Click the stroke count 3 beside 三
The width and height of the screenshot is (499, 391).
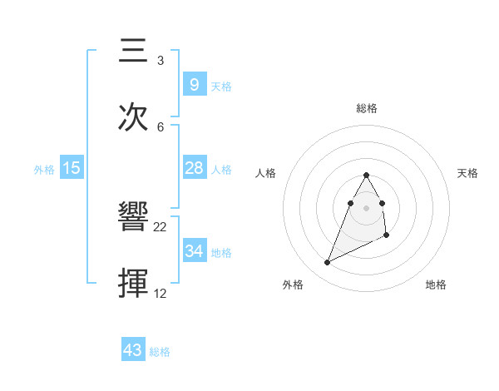(x=160, y=61)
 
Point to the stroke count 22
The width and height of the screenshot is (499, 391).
(x=161, y=227)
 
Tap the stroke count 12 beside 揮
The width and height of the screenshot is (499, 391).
(x=161, y=293)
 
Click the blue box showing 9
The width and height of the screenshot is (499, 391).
(x=194, y=84)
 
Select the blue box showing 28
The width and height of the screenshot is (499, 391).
(x=194, y=168)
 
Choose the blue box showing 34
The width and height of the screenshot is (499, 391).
(x=194, y=250)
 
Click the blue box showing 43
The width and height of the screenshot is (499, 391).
(x=133, y=350)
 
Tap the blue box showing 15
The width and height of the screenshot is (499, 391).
(x=72, y=168)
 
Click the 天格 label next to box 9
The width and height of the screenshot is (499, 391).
(x=221, y=87)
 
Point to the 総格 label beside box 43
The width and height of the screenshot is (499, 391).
(x=160, y=352)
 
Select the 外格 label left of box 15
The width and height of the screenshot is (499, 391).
(x=44, y=170)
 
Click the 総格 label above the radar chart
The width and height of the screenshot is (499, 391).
(x=366, y=108)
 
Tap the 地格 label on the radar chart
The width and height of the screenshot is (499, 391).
(x=436, y=285)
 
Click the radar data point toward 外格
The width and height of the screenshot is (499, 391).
(x=327, y=263)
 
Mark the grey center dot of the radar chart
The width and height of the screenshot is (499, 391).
(x=366, y=207)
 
